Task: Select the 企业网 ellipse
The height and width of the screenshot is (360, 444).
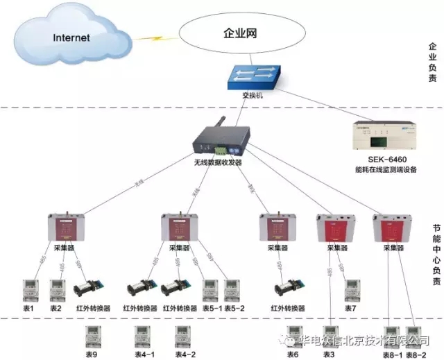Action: [x=242, y=33]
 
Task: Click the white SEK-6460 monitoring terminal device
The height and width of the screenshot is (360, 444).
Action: [x=384, y=135]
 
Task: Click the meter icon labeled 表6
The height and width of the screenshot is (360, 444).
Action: [x=292, y=336]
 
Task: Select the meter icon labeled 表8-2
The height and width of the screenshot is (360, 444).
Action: [x=415, y=336]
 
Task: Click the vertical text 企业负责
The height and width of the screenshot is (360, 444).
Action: [x=432, y=62]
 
